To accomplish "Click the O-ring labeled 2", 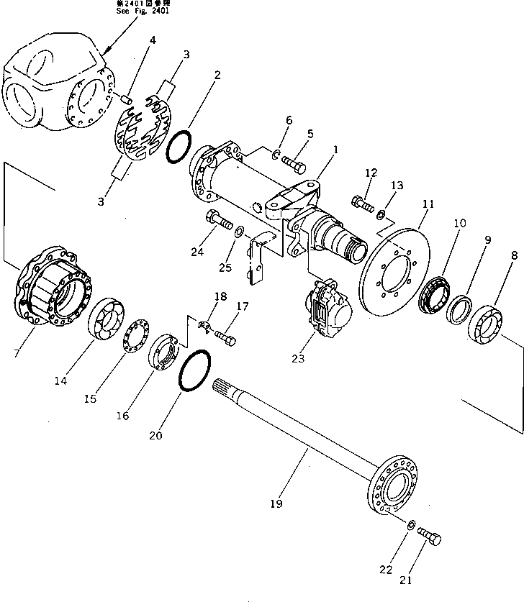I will [180, 147].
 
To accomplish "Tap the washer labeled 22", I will [411, 526].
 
